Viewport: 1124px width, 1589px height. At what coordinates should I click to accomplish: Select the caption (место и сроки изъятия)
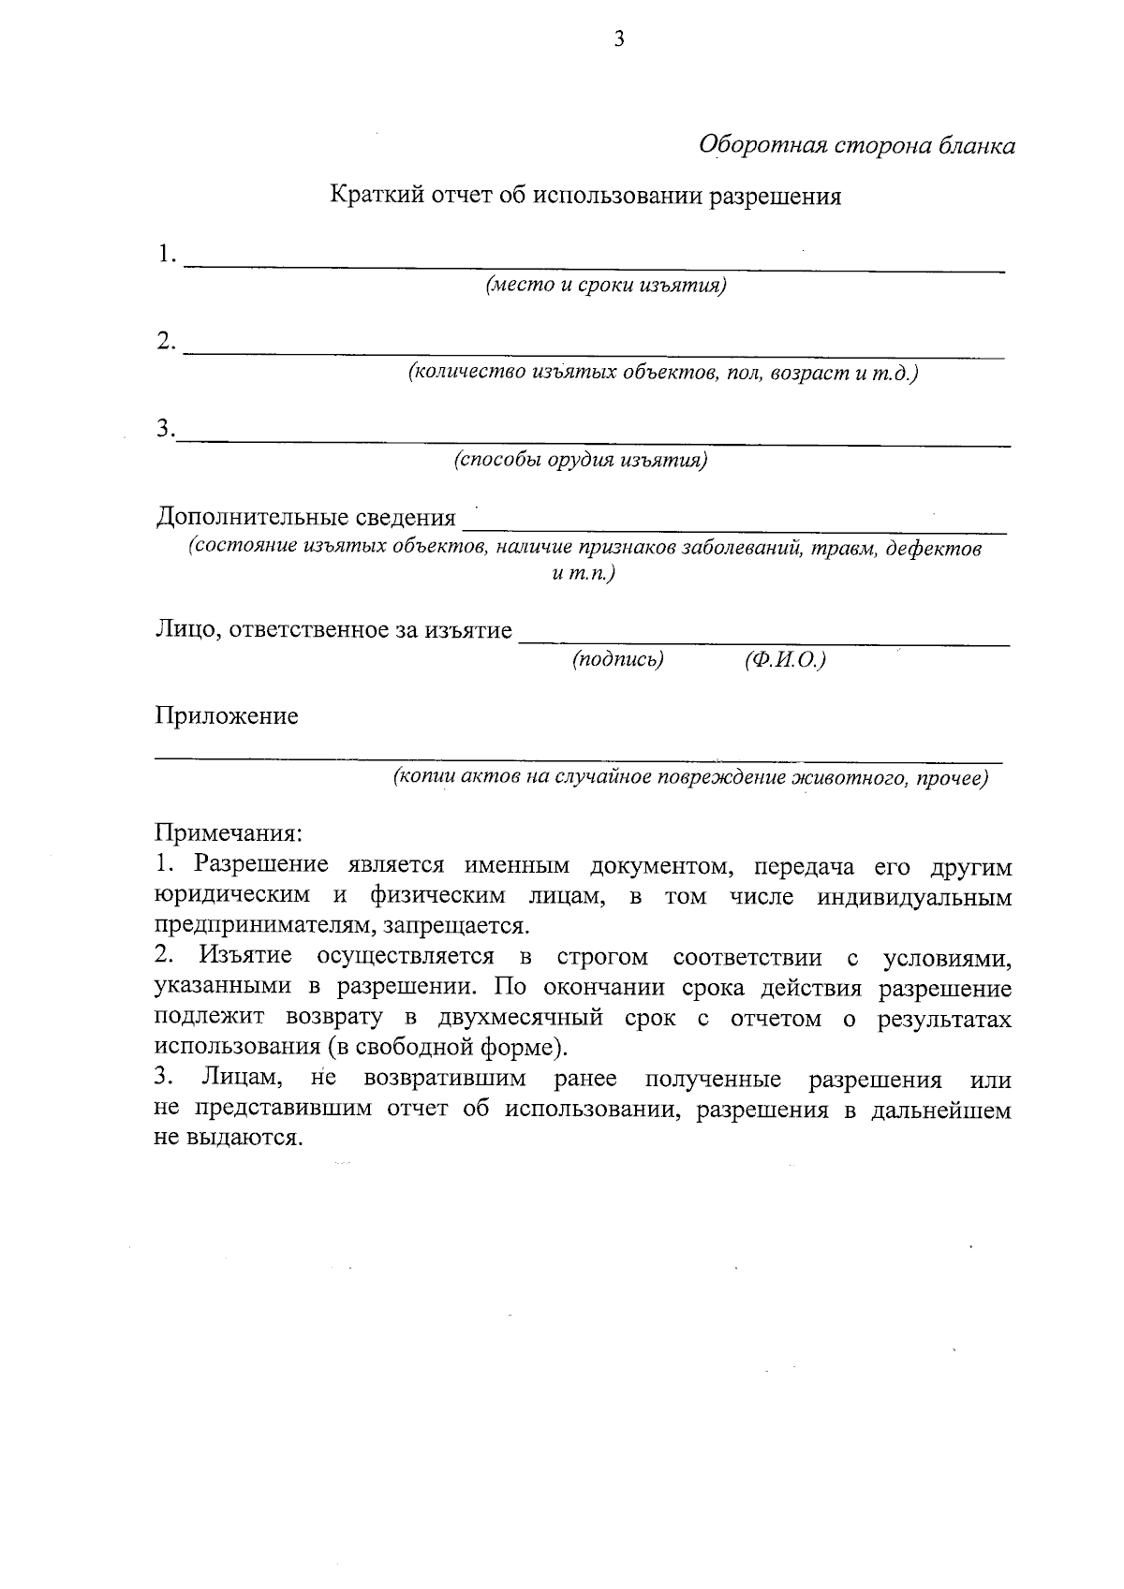pyautogui.click(x=605, y=286)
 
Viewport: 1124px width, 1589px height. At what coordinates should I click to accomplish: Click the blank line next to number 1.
pyautogui.click(x=594, y=267)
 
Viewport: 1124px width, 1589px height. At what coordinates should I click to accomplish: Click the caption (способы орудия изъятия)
pyautogui.click(x=581, y=461)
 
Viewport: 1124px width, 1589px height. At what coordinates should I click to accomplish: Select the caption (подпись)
pyautogui.click(x=617, y=660)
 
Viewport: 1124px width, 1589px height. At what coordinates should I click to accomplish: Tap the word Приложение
pyautogui.click(x=227, y=716)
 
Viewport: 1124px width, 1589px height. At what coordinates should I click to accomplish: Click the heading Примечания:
pyautogui.click(x=229, y=832)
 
